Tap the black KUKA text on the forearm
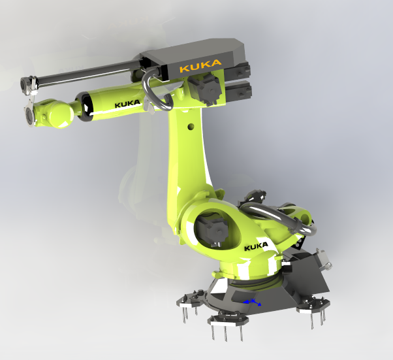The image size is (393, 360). (127, 105)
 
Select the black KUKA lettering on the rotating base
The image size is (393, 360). (256, 246)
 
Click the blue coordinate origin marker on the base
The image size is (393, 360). (252, 302)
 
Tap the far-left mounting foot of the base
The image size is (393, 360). (189, 301)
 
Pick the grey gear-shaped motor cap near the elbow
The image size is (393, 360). (207, 88)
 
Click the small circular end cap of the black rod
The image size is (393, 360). (27, 83)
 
